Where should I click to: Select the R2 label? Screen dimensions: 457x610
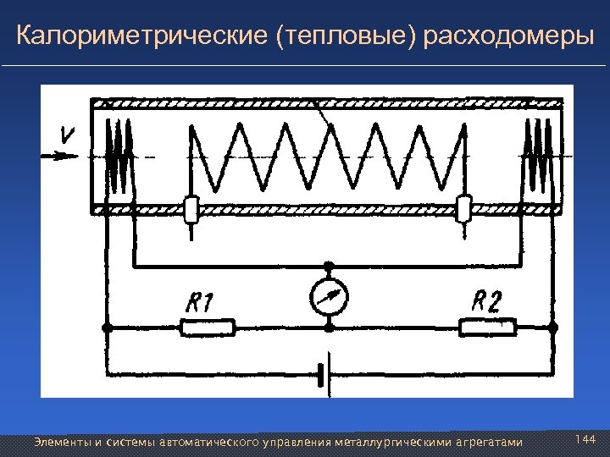(x=486, y=300)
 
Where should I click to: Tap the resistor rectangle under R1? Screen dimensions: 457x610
(x=208, y=328)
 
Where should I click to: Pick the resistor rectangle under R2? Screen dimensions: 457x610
(x=488, y=328)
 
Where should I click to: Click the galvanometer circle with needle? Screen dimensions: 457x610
(x=329, y=296)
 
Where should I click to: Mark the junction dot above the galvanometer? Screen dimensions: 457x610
(x=329, y=266)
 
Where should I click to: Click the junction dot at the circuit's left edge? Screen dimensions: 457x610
(x=106, y=328)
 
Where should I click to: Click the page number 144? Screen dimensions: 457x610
(x=585, y=440)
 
